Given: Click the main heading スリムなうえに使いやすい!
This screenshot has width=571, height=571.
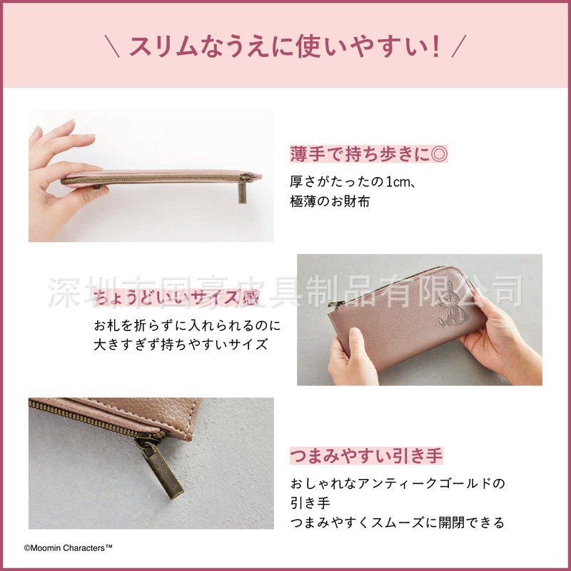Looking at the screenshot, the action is [285, 46].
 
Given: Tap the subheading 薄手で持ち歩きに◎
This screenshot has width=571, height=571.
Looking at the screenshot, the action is [369, 153].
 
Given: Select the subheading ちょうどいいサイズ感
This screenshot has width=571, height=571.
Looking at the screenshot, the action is [176, 298].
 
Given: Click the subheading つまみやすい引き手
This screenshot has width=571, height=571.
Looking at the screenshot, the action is [366, 455].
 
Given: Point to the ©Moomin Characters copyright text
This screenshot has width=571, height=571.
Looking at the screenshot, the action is [68, 548].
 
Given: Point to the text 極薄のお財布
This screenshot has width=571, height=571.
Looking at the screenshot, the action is [330, 201].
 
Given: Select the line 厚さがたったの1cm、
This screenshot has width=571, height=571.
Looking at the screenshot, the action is [353, 181].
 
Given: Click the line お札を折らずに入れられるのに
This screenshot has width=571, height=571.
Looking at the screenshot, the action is [187, 325].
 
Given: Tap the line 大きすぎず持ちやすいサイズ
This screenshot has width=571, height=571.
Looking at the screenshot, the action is [181, 345].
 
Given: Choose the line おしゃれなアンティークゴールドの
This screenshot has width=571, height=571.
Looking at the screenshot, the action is [398, 484].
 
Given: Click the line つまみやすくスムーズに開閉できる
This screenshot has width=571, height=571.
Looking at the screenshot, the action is [398, 522].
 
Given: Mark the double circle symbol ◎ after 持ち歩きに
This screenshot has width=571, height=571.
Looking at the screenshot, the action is [439, 154].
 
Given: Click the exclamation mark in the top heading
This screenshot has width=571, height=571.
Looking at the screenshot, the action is [435, 46].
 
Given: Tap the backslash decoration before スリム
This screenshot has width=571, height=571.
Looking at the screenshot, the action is [112, 46].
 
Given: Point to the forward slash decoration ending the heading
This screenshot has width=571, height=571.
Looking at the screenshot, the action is [459, 46].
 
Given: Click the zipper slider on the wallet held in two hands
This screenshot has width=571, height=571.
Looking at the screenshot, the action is [335, 304].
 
